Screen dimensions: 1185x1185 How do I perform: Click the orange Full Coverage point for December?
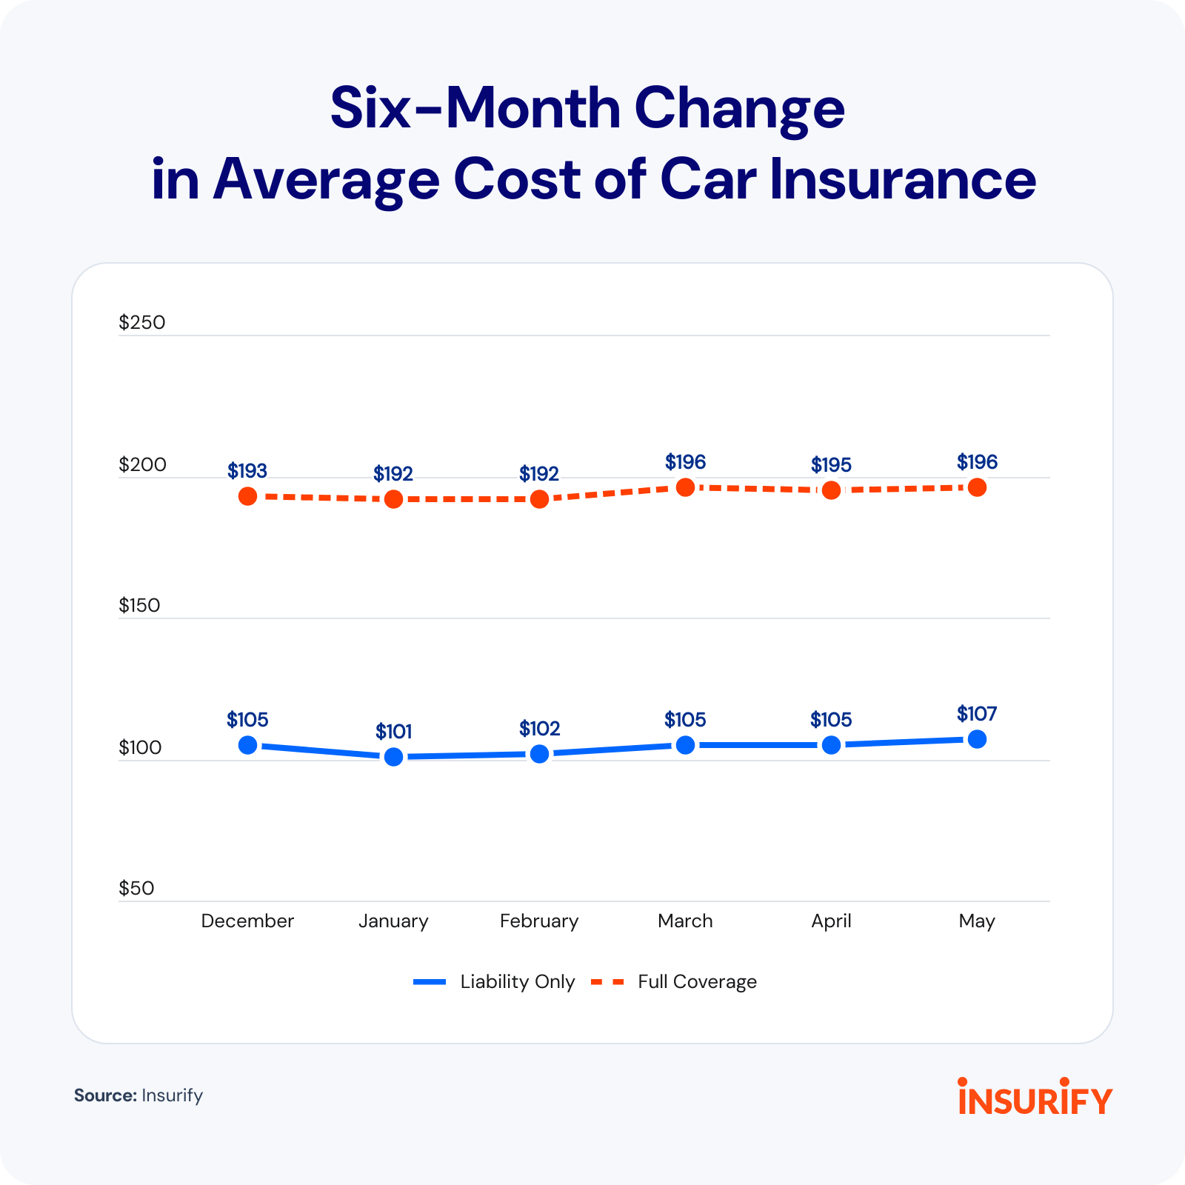click(247, 496)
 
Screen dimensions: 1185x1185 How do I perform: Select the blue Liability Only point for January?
click(393, 757)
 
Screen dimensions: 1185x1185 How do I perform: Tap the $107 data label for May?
click(977, 714)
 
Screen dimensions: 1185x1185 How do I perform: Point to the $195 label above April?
click(831, 465)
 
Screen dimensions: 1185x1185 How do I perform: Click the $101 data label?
click(393, 732)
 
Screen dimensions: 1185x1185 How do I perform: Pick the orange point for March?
click(685, 487)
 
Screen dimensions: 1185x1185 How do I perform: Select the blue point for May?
click(977, 739)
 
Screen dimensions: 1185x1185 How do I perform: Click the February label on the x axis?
click(539, 921)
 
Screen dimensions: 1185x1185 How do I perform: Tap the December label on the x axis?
click(247, 921)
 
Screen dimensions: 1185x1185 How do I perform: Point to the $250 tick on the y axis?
click(142, 322)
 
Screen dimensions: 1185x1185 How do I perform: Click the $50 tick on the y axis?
click(136, 888)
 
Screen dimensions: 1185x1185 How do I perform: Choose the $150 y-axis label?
click(139, 605)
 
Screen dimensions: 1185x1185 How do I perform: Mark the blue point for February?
click(539, 754)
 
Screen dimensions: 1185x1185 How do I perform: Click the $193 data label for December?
click(247, 471)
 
